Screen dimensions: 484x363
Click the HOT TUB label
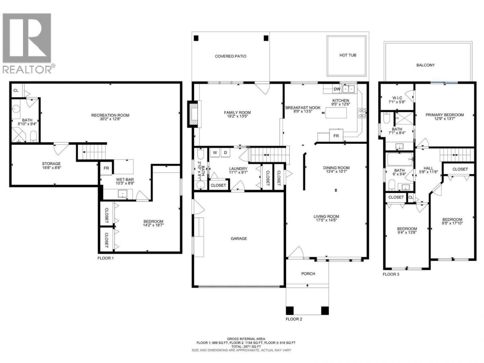348,55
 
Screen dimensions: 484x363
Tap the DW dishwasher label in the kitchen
337,89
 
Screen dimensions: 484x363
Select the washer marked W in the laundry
215,152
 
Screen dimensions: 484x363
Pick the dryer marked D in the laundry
225,152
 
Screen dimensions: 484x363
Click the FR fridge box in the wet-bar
106,168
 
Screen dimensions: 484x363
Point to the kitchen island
336,113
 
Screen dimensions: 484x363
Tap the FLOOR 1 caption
105,258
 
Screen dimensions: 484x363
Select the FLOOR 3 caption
391,274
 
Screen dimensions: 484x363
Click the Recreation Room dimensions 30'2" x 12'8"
110,119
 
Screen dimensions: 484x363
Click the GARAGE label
239,238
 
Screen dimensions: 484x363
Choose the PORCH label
308,274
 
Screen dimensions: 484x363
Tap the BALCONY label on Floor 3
425,65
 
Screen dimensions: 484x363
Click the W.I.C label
397,98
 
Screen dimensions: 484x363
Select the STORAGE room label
51,164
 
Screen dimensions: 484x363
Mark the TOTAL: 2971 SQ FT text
246,346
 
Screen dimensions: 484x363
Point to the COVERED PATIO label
230,57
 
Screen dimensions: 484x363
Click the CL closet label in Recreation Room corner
16,91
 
